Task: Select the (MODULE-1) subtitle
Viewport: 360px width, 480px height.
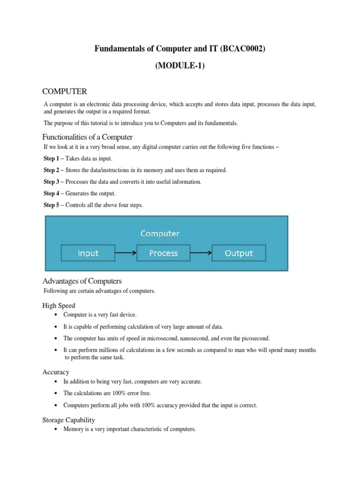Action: [180, 66]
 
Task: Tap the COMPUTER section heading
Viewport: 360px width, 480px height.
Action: [65, 90]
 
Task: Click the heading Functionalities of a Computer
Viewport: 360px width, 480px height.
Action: [88, 137]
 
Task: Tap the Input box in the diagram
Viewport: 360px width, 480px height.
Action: [88, 253]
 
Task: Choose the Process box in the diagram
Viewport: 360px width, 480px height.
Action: [163, 253]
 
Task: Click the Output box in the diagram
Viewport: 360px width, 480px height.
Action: [239, 253]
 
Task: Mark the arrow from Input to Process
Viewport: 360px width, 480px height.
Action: [125, 253]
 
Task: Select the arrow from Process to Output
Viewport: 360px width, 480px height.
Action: [201, 253]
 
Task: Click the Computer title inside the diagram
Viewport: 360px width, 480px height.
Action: [160, 233]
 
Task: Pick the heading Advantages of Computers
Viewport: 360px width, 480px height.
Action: [82, 281]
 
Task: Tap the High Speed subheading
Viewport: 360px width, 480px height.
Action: [59, 305]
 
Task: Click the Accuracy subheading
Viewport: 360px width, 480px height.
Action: [56, 372]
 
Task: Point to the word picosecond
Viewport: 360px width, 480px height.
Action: [255, 338]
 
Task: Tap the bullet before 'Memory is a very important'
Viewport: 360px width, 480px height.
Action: [56, 429]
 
